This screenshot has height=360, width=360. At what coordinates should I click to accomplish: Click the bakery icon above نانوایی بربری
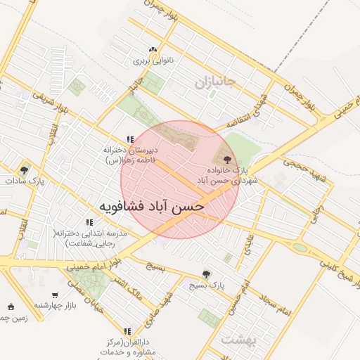(x=153, y=49)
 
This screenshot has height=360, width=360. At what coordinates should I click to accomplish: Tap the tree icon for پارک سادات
(x=25, y=169)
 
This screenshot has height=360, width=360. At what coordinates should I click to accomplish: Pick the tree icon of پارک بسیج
(x=206, y=274)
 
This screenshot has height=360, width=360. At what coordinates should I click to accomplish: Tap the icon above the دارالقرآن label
(x=127, y=330)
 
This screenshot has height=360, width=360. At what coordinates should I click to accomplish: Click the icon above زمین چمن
(x=10, y=306)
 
